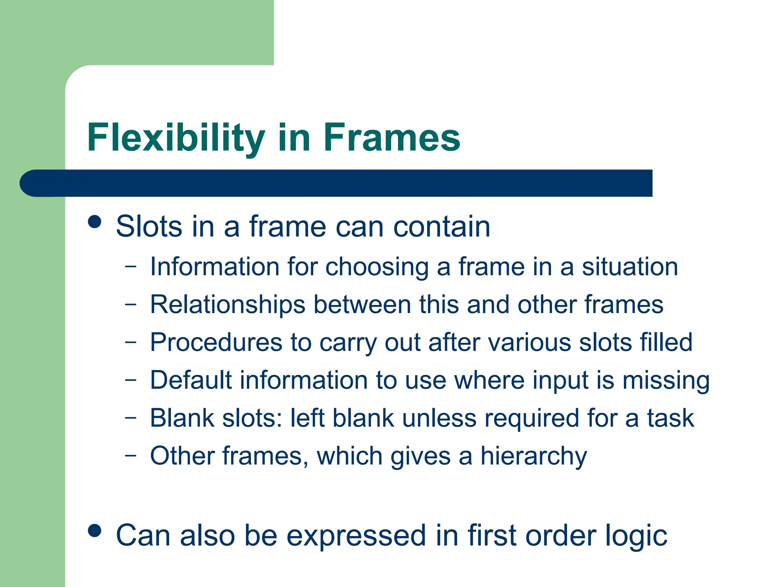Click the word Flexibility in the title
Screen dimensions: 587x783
click(x=176, y=138)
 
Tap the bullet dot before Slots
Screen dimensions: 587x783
click(x=94, y=222)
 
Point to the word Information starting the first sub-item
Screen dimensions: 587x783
click(x=214, y=266)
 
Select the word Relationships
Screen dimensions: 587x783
click(x=227, y=305)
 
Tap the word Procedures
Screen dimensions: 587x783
click(x=216, y=342)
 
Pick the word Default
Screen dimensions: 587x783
click(x=191, y=380)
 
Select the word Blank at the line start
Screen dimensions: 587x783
click(x=182, y=418)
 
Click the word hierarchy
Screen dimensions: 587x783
click(x=533, y=456)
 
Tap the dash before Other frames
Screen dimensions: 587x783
click(x=130, y=456)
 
